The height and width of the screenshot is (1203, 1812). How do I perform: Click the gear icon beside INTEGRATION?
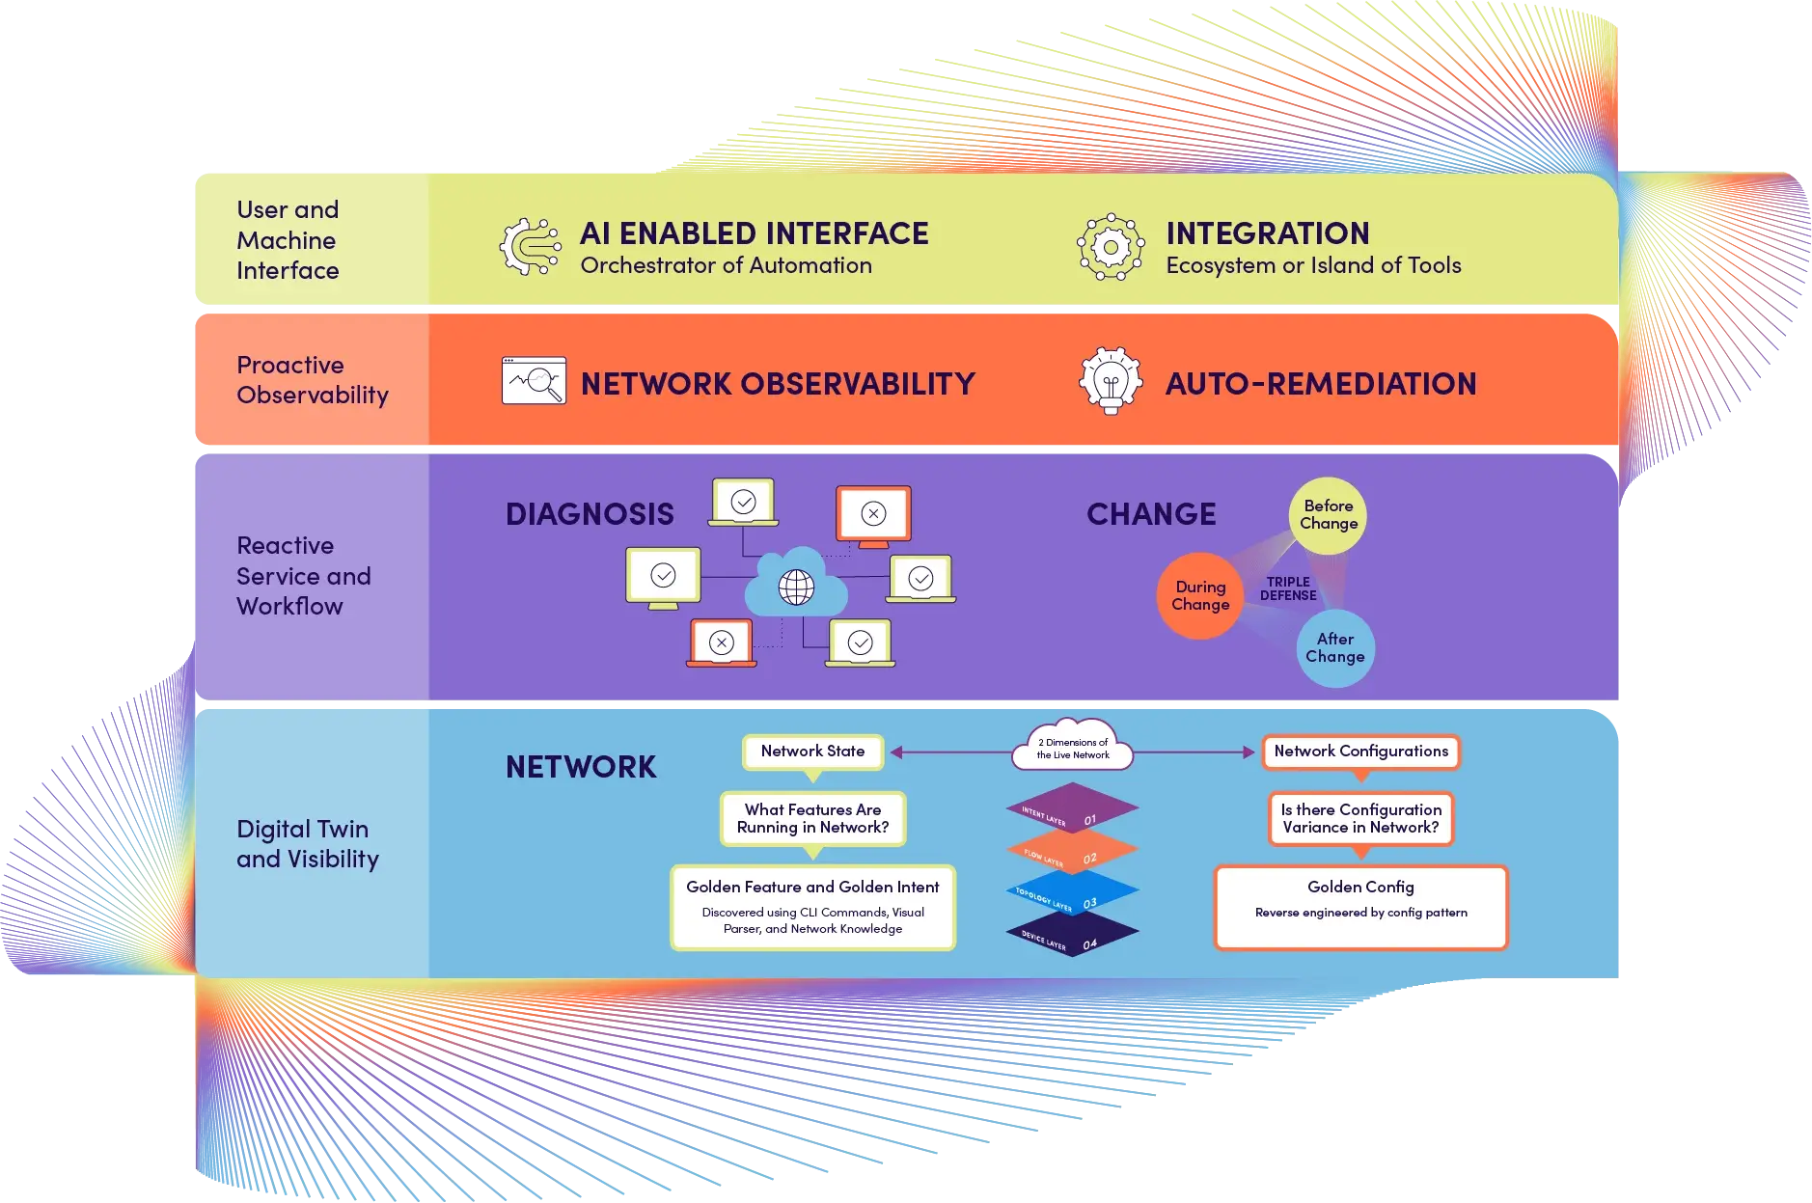[x=1111, y=247]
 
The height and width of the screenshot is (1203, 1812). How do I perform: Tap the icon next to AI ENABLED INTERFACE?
[x=530, y=247]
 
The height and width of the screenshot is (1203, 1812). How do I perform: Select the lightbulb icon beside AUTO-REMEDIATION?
[x=1111, y=381]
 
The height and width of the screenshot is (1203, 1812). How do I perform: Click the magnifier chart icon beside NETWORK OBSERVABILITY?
[x=534, y=381]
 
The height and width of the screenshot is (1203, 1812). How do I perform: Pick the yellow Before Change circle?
[x=1328, y=515]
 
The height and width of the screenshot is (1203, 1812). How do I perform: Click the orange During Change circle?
[x=1199, y=596]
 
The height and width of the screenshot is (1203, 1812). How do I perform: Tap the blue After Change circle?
[x=1334, y=648]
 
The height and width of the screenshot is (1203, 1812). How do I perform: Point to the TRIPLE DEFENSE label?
[x=1288, y=588]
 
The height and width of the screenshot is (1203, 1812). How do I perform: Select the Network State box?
[x=812, y=752]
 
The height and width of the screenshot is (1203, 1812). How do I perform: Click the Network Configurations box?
[x=1360, y=752]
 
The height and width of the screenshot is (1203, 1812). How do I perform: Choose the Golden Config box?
[x=1360, y=907]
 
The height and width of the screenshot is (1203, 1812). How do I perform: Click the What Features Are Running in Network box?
[x=812, y=818]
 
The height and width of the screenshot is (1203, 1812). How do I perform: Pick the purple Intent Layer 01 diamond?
[x=1072, y=807]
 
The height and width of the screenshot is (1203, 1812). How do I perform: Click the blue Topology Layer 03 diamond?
[x=1072, y=892]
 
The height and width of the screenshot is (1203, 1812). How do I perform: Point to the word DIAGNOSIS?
[x=590, y=514]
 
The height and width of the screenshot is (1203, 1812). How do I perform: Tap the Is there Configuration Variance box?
[x=1360, y=818]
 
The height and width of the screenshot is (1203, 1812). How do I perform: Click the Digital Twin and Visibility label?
[x=308, y=844]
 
